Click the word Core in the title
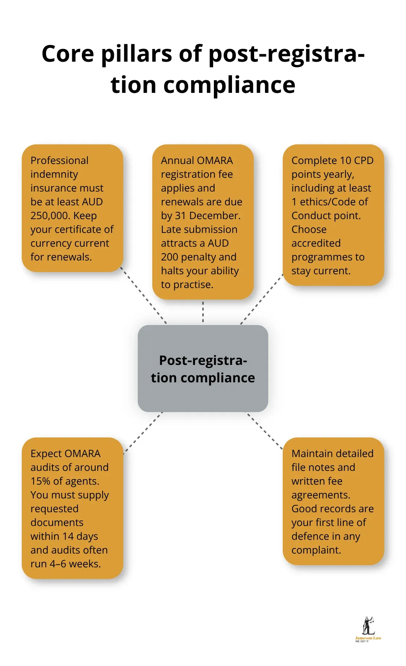coord(68,54)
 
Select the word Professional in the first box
coord(59,160)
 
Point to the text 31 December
coord(208,215)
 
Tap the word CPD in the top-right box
coord(364,160)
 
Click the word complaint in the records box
coord(315,550)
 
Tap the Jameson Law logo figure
coord(368,626)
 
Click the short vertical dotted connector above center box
coord(203,312)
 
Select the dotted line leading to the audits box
coord(143,432)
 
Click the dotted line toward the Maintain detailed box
coord(265,431)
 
